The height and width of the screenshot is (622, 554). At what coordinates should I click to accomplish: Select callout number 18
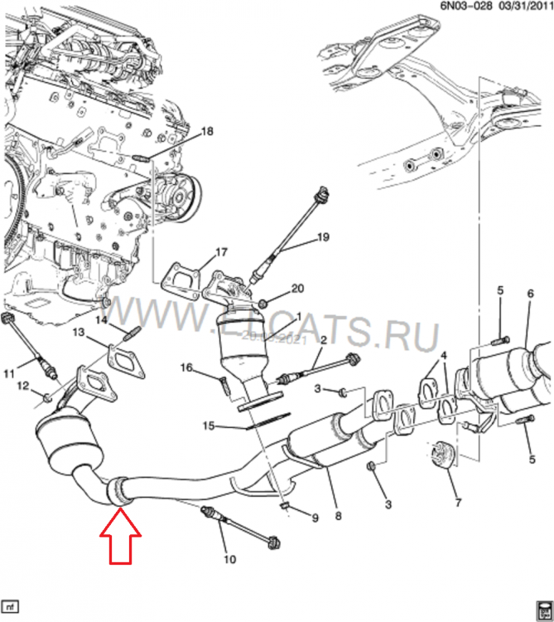(x=207, y=131)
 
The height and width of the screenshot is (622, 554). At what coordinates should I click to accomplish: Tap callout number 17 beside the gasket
(x=220, y=252)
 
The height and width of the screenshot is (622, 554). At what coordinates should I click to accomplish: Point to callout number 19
(x=323, y=237)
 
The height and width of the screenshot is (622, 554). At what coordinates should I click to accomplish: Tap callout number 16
(x=186, y=367)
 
